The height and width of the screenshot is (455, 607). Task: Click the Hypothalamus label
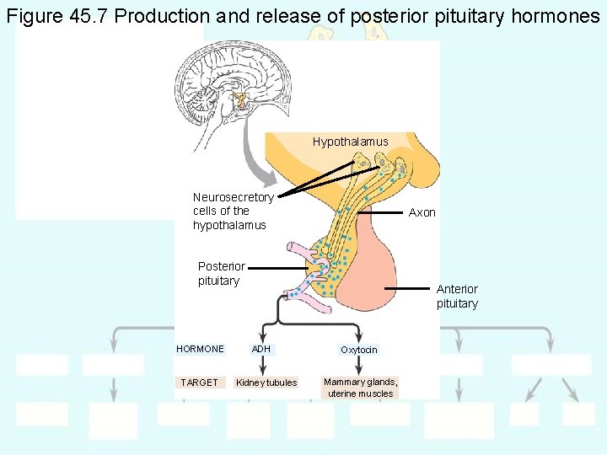(350, 142)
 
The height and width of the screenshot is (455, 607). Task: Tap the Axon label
(422, 212)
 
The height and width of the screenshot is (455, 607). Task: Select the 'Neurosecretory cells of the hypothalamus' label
(233, 211)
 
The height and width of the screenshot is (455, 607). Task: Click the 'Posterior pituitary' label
(221, 274)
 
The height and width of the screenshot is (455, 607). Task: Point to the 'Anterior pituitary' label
(457, 297)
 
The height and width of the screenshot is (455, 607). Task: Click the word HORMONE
(200, 349)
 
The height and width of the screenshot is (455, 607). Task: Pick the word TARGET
(199, 383)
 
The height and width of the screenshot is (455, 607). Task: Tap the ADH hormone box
(261, 349)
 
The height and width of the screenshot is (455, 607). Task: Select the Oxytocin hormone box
(359, 350)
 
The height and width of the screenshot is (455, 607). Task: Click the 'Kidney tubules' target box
(266, 383)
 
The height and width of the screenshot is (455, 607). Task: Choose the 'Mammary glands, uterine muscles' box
(360, 388)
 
